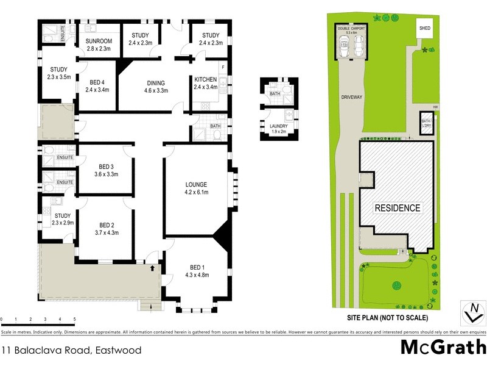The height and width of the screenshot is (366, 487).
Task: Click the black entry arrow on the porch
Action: tap(152, 267)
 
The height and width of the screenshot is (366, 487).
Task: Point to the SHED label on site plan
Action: tap(424, 28)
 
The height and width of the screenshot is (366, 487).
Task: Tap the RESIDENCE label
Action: tap(397, 208)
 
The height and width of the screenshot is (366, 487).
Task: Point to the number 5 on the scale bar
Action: tap(74, 320)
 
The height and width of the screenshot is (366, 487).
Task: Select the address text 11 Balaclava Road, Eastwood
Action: tap(71, 350)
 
